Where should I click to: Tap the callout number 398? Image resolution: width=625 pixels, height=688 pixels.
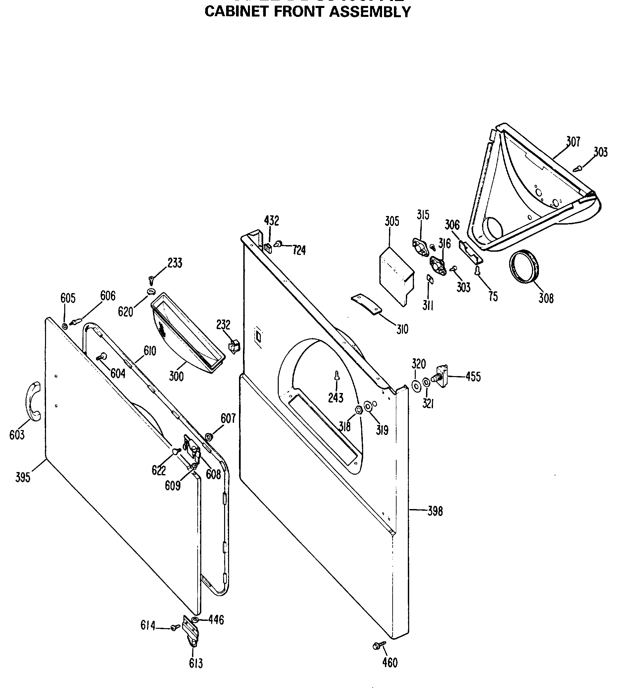pyautogui.click(x=435, y=511)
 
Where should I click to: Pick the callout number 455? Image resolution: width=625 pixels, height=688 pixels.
pyautogui.click(x=473, y=377)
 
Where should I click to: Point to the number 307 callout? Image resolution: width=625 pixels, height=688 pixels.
pyautogui.click(x=573, y=142)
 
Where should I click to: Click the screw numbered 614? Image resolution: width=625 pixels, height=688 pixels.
pyautogui.click(x=175, y=626)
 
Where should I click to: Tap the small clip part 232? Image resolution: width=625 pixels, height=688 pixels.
pyautogui.click(x=234, y=346)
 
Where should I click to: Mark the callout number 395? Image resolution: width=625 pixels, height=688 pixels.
pyautogui.click(x=23, y=477)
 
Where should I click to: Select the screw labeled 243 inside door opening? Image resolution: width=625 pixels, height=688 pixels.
pyautogui.click(x=337, y=376)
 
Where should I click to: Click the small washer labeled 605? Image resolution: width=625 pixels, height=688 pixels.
pyautogui.click(x=65, y=326)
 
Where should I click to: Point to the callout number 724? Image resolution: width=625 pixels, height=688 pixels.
pyautogui.click(x=299, y=250)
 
